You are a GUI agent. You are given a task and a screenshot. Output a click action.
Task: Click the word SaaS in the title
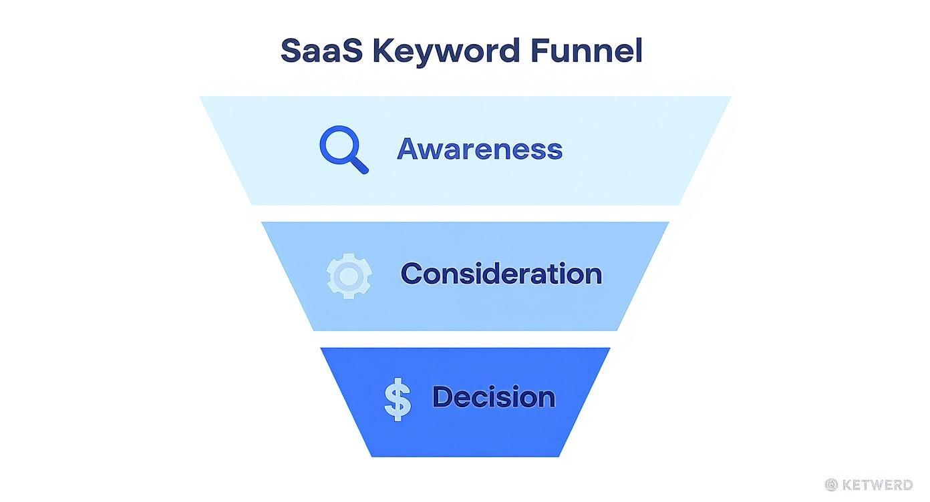tap(321, 51)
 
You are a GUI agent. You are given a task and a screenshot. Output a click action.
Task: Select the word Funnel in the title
tap(586, 51)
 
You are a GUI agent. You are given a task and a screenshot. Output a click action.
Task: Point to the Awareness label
tap(480, 148)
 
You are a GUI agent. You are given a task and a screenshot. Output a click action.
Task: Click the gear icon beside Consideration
tap(349, 275)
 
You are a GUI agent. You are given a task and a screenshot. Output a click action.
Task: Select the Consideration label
tap(501, 274)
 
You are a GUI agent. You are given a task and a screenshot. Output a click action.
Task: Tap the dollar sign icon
tap(398, 399)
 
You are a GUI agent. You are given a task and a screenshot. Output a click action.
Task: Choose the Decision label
tap(494, 397)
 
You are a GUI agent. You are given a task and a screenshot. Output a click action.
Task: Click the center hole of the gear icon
tap(349, 275)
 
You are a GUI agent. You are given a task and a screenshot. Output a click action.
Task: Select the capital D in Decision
tap(444, 397)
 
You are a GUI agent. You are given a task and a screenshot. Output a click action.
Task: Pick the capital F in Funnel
tap(539, 51)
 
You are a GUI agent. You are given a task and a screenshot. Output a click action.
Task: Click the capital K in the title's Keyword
tap(382, 51)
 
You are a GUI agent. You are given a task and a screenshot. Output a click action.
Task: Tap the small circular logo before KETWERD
tap(831, 485)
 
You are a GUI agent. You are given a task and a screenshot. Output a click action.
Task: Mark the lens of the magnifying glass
tap(339, 146)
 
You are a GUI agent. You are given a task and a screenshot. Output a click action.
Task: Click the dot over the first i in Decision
tap(501, 386)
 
